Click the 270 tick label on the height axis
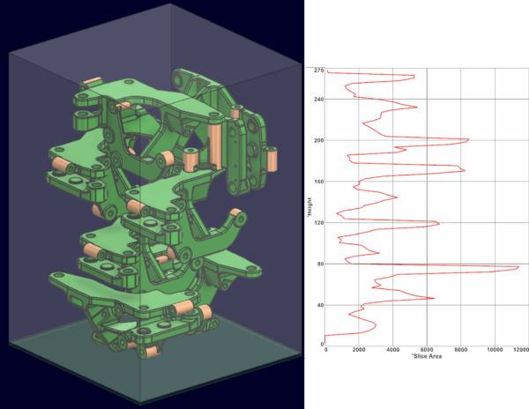coord(319,71)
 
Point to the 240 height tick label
coord(319,100)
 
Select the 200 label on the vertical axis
coord(319,141)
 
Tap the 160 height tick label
coord(319,182)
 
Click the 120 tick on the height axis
coord(319,223)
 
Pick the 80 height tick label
coord(321,264)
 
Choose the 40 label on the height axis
coord(321,305)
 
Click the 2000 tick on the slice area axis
coord(359,350)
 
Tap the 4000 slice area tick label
coord(392,350)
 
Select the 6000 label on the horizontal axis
coord(427,350)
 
